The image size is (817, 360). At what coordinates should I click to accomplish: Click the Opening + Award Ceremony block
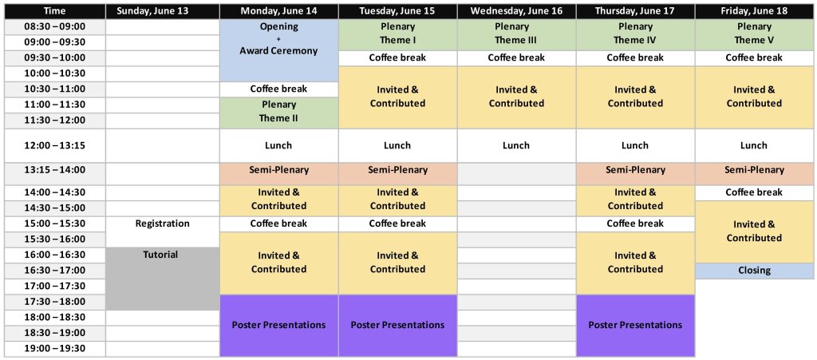(x=278, y=50)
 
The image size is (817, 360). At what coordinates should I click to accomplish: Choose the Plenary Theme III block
(x=516, y=35)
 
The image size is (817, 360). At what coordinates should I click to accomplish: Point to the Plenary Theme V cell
(x=755, y=35)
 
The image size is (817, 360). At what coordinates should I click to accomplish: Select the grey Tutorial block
(x=163, y=279)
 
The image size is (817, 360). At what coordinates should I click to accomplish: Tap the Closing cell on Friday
(x=755, y=271)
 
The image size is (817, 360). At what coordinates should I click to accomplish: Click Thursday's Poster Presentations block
(x=635, y=326)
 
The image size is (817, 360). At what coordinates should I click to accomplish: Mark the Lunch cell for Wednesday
(x=516, y=146)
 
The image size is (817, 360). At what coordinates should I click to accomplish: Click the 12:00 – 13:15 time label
(x=55, y=146)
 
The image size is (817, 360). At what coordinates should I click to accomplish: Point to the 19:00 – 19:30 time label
(x=55, y=349)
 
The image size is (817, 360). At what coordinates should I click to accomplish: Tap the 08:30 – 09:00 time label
(x=55, y=27)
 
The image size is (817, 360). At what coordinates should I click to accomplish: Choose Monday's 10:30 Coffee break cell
(x=278, y=89)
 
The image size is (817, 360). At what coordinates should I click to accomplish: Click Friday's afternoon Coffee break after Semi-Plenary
(x=755, y=192)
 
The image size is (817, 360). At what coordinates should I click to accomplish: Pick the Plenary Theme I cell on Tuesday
(x=397, y=35)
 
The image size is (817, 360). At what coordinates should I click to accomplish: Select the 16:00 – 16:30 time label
(x=55, y=255)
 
